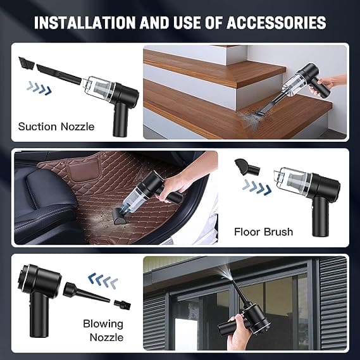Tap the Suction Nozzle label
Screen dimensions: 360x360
(x=56, y=126)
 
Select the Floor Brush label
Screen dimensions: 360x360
(x=263, y=232)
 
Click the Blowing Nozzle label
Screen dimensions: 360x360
(x=103, y=331)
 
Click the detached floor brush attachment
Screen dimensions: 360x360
(x=246, y=168)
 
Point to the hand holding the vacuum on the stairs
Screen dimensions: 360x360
(x=336, y=84)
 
